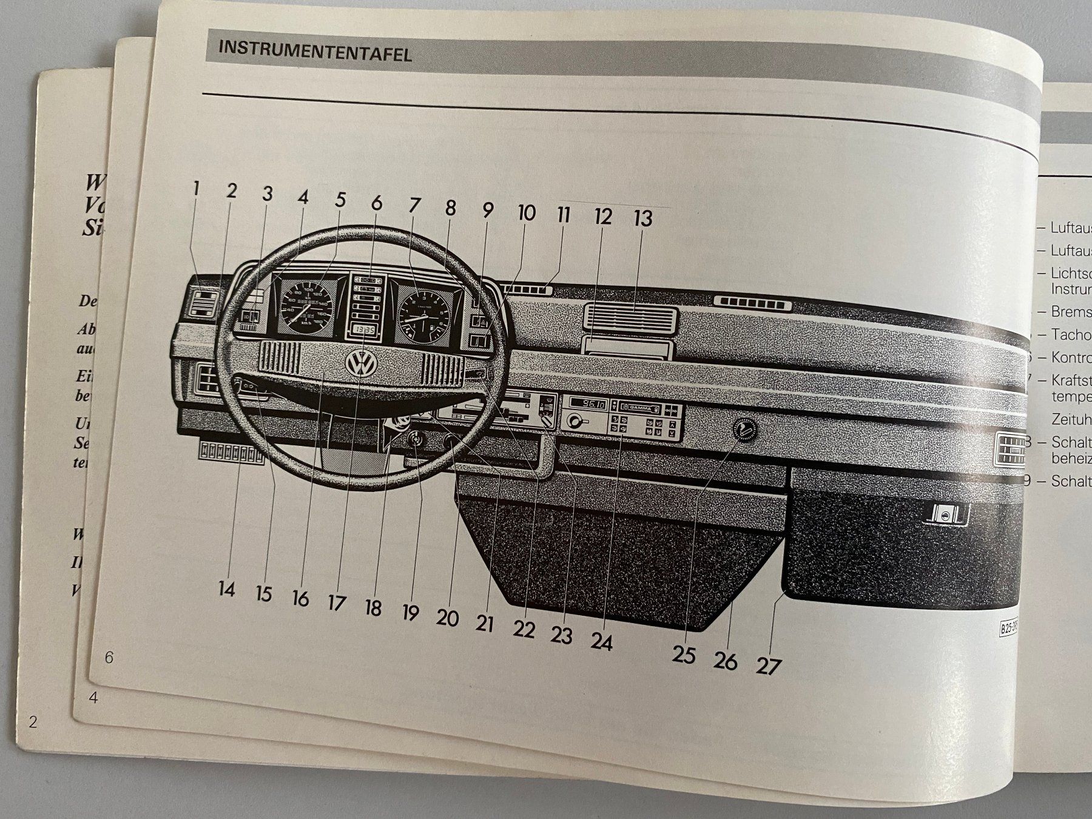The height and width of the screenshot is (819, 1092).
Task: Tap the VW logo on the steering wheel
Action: pos(361,365)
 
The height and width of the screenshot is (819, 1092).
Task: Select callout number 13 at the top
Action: pos(643,218)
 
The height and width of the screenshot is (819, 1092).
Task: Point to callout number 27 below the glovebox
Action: pos(768,666)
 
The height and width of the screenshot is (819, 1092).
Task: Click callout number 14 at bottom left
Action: pos(226,588)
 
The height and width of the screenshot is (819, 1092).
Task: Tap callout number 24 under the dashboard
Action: pos(601,641)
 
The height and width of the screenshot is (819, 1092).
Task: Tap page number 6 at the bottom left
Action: pos(109,657)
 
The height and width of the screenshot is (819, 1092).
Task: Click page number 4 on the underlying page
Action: pos(93,697)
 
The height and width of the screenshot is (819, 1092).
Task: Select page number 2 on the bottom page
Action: pos(33,722)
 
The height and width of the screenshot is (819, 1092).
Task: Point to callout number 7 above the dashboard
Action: pos(414,205)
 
